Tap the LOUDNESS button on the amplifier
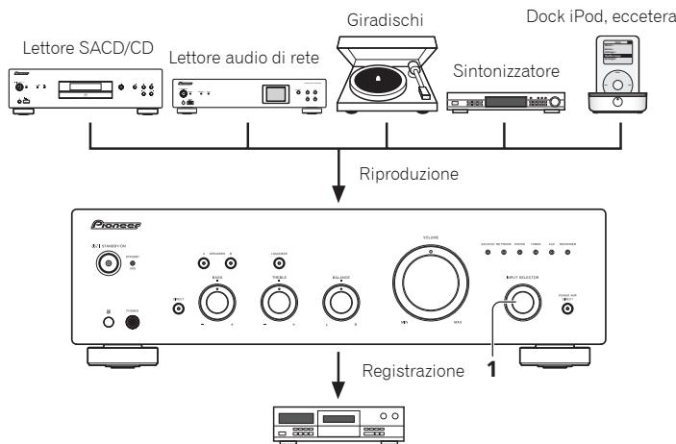[279, 262]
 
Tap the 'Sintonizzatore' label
[500, 73]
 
